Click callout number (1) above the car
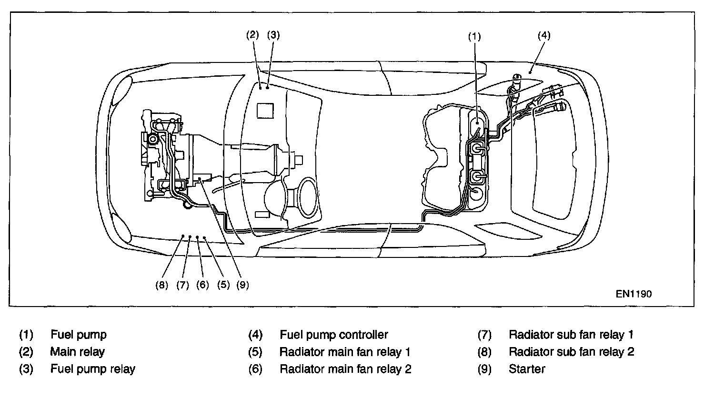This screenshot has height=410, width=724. [x=474, y=37]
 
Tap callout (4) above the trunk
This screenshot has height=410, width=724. [x=544, y=35]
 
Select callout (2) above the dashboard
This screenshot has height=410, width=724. [x=252, y=34]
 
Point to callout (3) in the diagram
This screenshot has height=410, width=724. [x=273, y=34]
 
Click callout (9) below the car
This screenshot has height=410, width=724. [x=242, y=285]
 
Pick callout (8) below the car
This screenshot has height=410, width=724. [x=162, y=285]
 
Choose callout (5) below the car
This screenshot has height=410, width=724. [x=223, y=285]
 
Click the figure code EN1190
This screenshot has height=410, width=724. [x=633, y=294]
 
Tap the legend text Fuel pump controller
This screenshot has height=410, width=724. [x=334, y=335]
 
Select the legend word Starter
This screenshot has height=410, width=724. [x=527, y=369]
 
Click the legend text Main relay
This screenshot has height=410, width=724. [x=78, y=352]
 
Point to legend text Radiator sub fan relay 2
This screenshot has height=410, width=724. [x=572, y=352]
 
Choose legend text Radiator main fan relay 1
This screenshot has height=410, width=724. [x=345, y=352]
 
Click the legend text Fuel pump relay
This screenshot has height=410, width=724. [x=93, y=369]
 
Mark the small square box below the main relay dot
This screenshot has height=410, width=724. [x=265, y=111]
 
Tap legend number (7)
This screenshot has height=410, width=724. [x=484, y=335]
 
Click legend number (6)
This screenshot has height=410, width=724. [x=255, y=369]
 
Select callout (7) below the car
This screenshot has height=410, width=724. [x=182, y=285]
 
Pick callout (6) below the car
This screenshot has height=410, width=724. [x=202, y=285]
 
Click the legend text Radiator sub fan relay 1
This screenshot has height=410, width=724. [x=571, y=335]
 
